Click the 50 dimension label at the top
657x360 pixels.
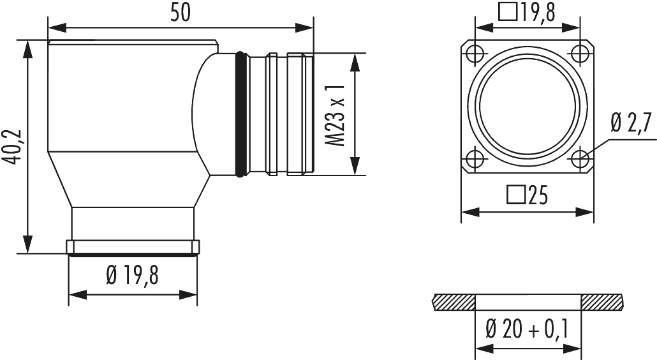(181, 13)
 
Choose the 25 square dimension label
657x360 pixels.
(527, 194)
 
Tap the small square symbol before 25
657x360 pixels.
(513, 193)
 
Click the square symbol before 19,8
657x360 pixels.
(508, 11)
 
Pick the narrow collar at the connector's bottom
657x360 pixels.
(133, 247)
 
